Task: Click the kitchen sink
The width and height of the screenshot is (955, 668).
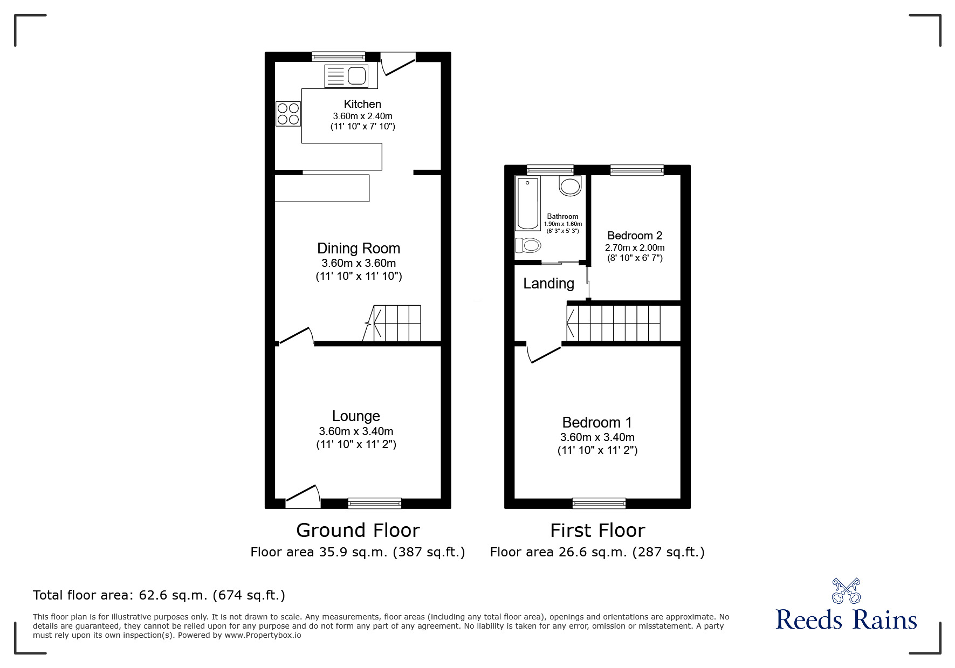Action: pos(346,76)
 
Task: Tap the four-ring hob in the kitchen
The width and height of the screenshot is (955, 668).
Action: pos(288,114)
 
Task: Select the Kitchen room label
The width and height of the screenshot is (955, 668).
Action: pos(362,104)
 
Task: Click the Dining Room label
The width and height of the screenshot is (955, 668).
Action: pos(359,249)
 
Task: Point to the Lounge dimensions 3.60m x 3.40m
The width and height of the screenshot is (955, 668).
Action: pos(356,431)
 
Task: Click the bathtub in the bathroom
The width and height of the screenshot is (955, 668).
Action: pos(528,204)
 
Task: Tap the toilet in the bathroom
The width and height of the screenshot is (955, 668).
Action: pos(528,246)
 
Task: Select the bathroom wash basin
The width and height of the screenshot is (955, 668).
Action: pos(570,186)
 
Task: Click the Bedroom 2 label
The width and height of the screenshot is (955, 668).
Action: pos(635,236)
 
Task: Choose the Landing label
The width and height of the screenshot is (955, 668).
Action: pos(548,284)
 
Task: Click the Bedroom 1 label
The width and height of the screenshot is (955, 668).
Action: pos(597,423)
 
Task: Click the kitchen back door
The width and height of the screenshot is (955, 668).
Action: pos(399,64)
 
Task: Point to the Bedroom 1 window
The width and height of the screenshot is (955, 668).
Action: pos(599,503)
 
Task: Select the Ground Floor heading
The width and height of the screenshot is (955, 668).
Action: pos(358,531)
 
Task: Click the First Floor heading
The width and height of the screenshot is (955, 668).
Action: pos(597,531)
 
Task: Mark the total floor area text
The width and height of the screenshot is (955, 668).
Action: pos(159,595)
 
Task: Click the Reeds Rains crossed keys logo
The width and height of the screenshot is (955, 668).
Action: pos(846,591)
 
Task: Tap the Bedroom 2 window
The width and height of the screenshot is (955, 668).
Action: pos(637,170)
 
